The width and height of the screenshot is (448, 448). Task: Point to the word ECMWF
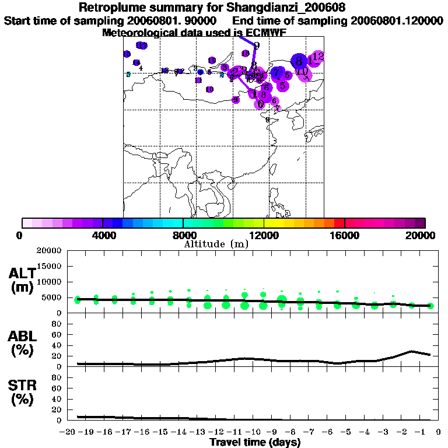coord(262,33)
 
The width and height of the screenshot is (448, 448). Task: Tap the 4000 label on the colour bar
coord(102,236)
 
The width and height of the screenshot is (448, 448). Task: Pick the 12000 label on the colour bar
coord(264,236)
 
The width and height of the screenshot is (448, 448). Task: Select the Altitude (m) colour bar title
coord(216,244)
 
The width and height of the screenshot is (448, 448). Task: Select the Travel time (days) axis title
coord(255,443)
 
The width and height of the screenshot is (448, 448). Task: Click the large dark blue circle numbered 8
coord(299,61)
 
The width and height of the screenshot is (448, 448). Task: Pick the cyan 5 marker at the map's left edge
coord(128,74)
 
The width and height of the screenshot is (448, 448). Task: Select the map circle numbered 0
coord(261,104)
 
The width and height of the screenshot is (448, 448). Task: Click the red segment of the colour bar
coord(339,222)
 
